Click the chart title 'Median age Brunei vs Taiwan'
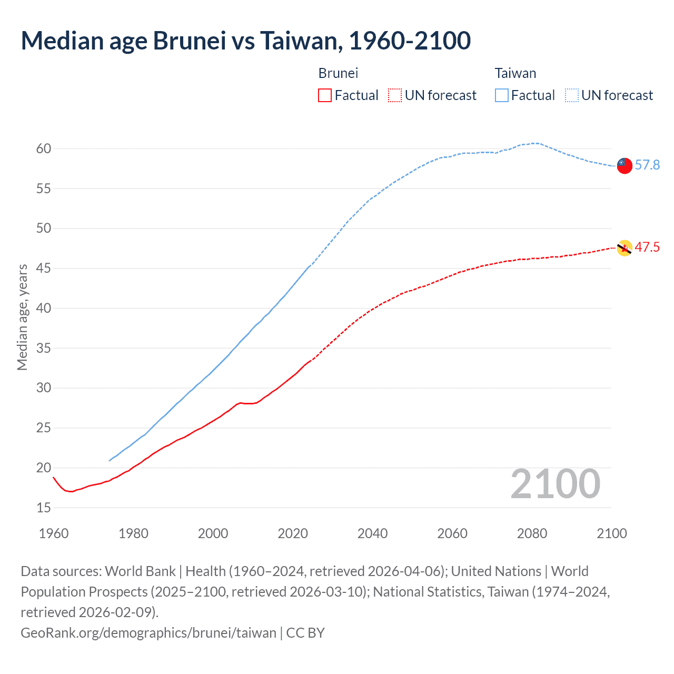click(245, 41)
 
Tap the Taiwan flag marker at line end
click(624, 165)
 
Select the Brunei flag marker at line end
click(624, 247)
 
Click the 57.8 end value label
click(647, 165)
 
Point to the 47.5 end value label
click(647, 247)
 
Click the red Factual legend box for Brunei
click(325, 95)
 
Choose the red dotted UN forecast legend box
click(395, 95)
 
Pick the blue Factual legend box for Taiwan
click(501, 95)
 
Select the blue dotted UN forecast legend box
click(571, 95)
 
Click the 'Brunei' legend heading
click(338, 73)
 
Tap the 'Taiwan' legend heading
click(515, 73)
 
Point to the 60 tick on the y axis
click(44, 148)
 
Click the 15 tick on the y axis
click(44, 508)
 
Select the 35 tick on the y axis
click(44, 348)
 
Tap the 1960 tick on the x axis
click(54, 533)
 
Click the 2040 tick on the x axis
click(372, 533)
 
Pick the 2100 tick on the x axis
click(611, 533)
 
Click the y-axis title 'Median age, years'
click(22, 318)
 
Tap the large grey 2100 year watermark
click(555, 484)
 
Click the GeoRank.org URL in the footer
click(148, 632)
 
